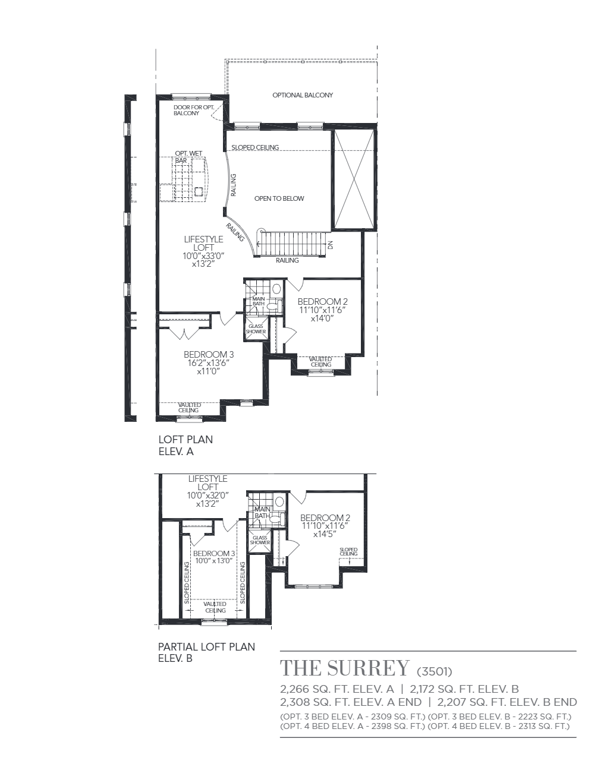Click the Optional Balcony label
pos(303,95)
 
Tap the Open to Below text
pos(279,198)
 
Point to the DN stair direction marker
pos(330,245)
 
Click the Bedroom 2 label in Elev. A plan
pos(322,302)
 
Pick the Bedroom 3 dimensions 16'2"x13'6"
pos(209,363)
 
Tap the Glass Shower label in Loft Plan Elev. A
pos(256,329)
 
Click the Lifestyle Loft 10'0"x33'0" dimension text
pos(203,256)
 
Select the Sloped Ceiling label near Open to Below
pos(255,147)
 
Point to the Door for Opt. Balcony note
pos(194,110)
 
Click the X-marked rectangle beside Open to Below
pos(354,179)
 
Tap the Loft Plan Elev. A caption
pos(185,446)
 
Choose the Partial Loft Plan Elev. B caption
pos(206,652)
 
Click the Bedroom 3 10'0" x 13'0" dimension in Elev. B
pos(215,561)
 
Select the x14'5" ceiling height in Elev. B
pos(325,534)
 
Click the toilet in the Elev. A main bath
pos(275,305)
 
